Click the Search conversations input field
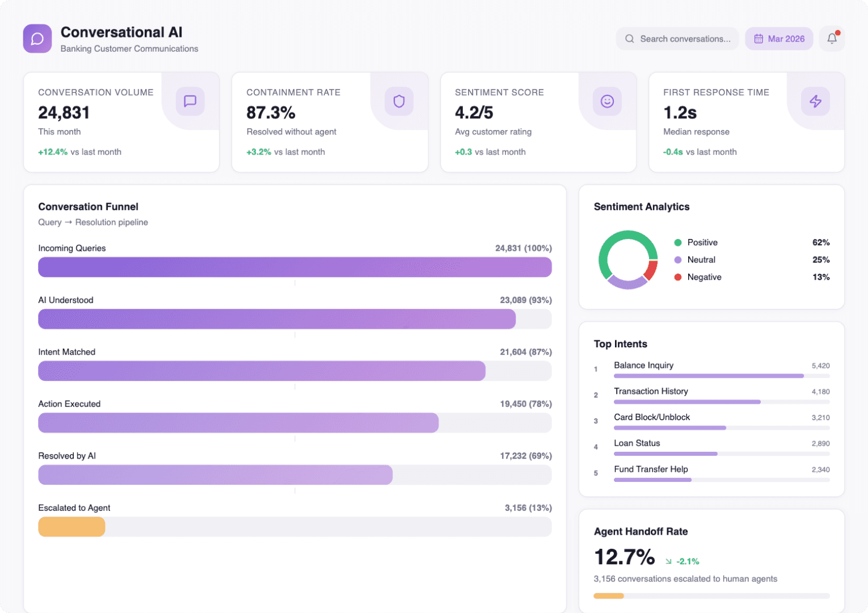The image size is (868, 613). click(677, 39)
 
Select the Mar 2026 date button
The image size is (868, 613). click(779, 39)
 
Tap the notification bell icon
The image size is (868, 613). click(832, 39)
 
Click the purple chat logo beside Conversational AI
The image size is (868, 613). click(37, 39)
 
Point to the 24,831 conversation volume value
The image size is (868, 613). click(64, 113)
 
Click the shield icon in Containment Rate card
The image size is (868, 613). click(399, 101)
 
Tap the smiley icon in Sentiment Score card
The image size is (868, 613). click(607, 101)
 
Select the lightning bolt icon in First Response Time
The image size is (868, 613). click(815, 101)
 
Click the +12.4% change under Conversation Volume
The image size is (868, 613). click(53, 152)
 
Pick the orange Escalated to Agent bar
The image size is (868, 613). click(71, 527)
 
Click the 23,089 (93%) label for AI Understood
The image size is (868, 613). click(525, 300)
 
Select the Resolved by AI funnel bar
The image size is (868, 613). click(216, 475)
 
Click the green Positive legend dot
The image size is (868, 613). click(677, 242)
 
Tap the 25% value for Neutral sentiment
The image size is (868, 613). click(821, 260)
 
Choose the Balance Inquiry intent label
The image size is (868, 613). click(643, 366)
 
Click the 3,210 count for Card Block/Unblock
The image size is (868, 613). click(820, 418)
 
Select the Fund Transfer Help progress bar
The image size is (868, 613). click(652, 480)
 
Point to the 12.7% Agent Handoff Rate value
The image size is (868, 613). click(624, 557)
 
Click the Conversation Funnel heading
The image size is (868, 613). click(88, 207)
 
